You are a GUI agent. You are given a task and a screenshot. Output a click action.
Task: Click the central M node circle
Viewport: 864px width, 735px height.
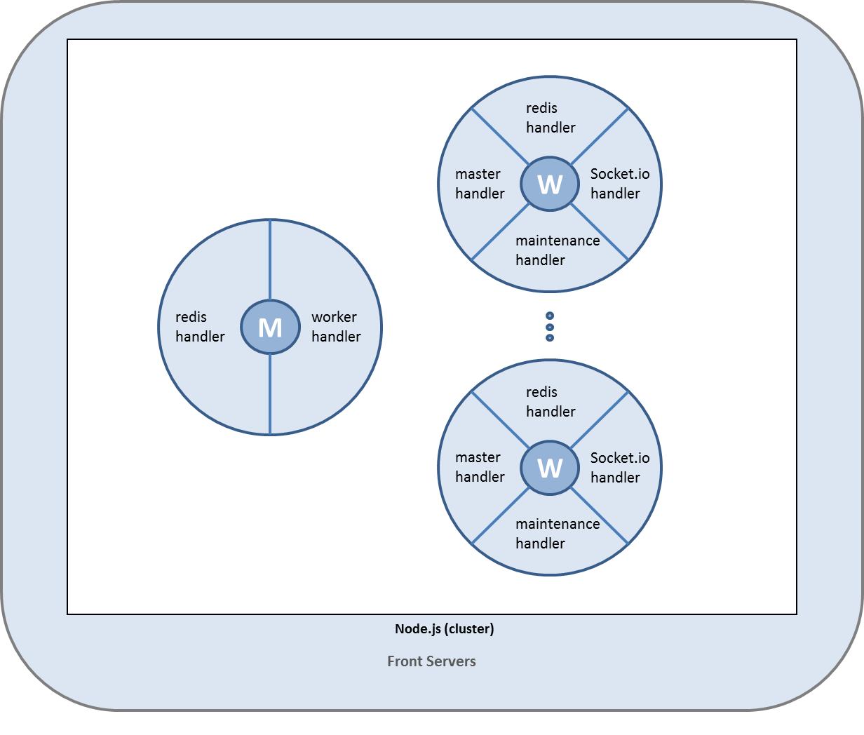pyautogui.click(x=270, y=327)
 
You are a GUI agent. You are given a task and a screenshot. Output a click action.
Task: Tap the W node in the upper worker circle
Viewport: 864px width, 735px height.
pyautogui.click(x=550, y=184)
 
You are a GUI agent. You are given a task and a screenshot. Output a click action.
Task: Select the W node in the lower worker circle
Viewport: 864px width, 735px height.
pyautogui.click(x=550, y=468)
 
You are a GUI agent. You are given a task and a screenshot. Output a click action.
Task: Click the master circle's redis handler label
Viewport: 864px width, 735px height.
pyautogui.click(x=200, y=327)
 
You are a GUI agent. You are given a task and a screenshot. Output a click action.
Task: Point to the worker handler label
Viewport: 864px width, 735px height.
pyautogui.click(x=336, y=327)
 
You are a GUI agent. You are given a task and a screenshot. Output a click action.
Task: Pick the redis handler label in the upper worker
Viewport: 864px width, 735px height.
pyautogui.click(x=551, y=118)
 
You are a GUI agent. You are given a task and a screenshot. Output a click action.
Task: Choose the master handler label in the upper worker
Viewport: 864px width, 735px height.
pyautogui.click(x=480, y=184)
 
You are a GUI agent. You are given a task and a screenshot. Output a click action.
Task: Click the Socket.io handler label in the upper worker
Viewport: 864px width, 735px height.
pyautogui.click(x=619, y=184)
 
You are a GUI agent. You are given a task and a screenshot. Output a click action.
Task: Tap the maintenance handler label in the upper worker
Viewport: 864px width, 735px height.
pyautogui.click(x=558, y=250)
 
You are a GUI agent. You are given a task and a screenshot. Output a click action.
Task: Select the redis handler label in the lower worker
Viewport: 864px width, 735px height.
pyautogui.click(x=551, y=402)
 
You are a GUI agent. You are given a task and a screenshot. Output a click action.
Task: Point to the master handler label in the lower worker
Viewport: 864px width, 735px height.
pyautogui.click(x=480, y=467)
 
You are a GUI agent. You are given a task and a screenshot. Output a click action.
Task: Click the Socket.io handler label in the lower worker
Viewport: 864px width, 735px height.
pyautogui.click(x=619, y=468)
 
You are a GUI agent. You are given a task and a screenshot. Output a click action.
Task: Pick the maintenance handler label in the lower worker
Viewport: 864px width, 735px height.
pyautogui.click(x=558, y=534)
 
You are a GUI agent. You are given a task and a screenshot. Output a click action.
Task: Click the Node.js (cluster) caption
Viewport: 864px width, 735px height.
pyautogui.click(x=444, y=629)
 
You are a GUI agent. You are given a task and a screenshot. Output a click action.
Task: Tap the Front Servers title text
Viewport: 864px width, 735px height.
pyautogui.click(x=431, y=661)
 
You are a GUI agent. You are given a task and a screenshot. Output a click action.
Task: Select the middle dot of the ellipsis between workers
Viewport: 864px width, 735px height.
pyautogui.click(x=550, y=327)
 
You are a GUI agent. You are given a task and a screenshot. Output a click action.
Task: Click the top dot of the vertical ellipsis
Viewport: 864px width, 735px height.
pyautogui.click(x=550, y=316)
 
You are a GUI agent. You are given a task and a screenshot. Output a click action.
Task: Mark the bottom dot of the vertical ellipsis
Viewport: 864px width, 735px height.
pyautogui.click(x=550, y=338)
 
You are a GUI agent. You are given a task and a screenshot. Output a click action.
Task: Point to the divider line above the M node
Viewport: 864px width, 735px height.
pyautogui.click(x=270, y=259)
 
